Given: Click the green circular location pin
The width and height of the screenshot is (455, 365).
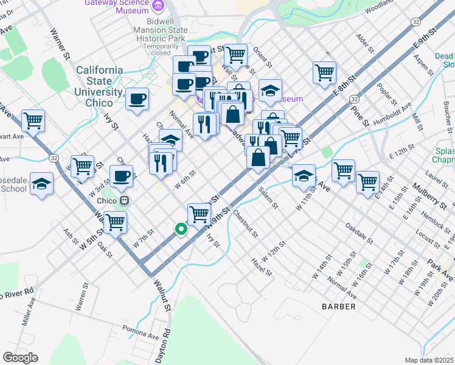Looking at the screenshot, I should click(x=181, y=229).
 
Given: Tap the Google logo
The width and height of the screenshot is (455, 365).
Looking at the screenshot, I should click(x=20, y=358).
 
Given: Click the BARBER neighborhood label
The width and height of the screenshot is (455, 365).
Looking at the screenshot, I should click(x=339, y=307).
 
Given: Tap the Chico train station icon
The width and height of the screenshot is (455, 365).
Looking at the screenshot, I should click(x=124, y=200).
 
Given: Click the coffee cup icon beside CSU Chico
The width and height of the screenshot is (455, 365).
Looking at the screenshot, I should click(x=137, y=98).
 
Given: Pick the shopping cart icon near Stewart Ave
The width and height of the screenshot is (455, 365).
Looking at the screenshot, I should click(x=33, y=120).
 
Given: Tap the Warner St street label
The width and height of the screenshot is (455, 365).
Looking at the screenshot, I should click(x=61, y=43).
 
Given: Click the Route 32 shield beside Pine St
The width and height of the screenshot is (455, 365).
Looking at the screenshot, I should click(x=354, y=98).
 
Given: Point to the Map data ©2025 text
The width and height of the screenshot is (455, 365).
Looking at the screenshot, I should click(x=429, y=360).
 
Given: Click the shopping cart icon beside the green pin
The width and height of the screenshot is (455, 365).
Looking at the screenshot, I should click(x=199, y=214).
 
